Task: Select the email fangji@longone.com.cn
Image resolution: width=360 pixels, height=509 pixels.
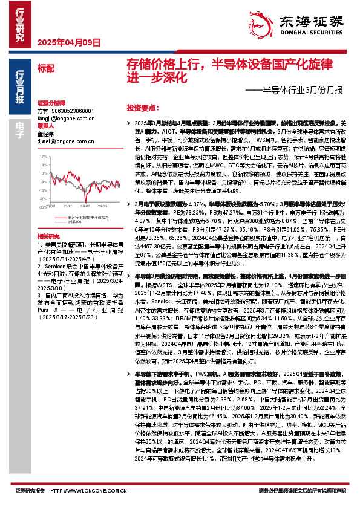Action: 63,118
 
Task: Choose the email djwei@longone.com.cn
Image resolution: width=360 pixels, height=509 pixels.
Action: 61,140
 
